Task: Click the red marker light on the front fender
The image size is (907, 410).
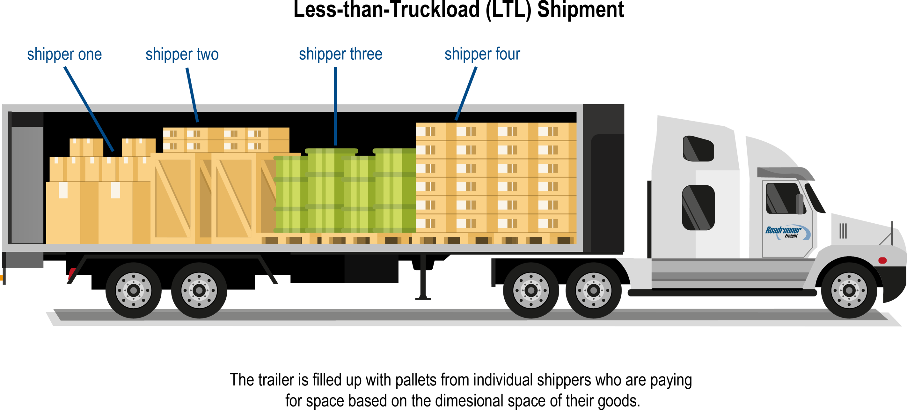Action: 882,260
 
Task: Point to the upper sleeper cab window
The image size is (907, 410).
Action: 698,149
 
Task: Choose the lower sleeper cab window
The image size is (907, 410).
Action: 698,208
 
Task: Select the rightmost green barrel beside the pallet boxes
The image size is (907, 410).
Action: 394,190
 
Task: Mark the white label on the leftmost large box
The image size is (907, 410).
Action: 63,190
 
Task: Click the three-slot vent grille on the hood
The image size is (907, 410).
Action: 843,231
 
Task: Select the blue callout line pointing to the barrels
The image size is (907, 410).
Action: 335,123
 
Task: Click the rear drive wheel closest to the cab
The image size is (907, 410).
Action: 593,291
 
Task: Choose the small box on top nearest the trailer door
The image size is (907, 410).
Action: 86,147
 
